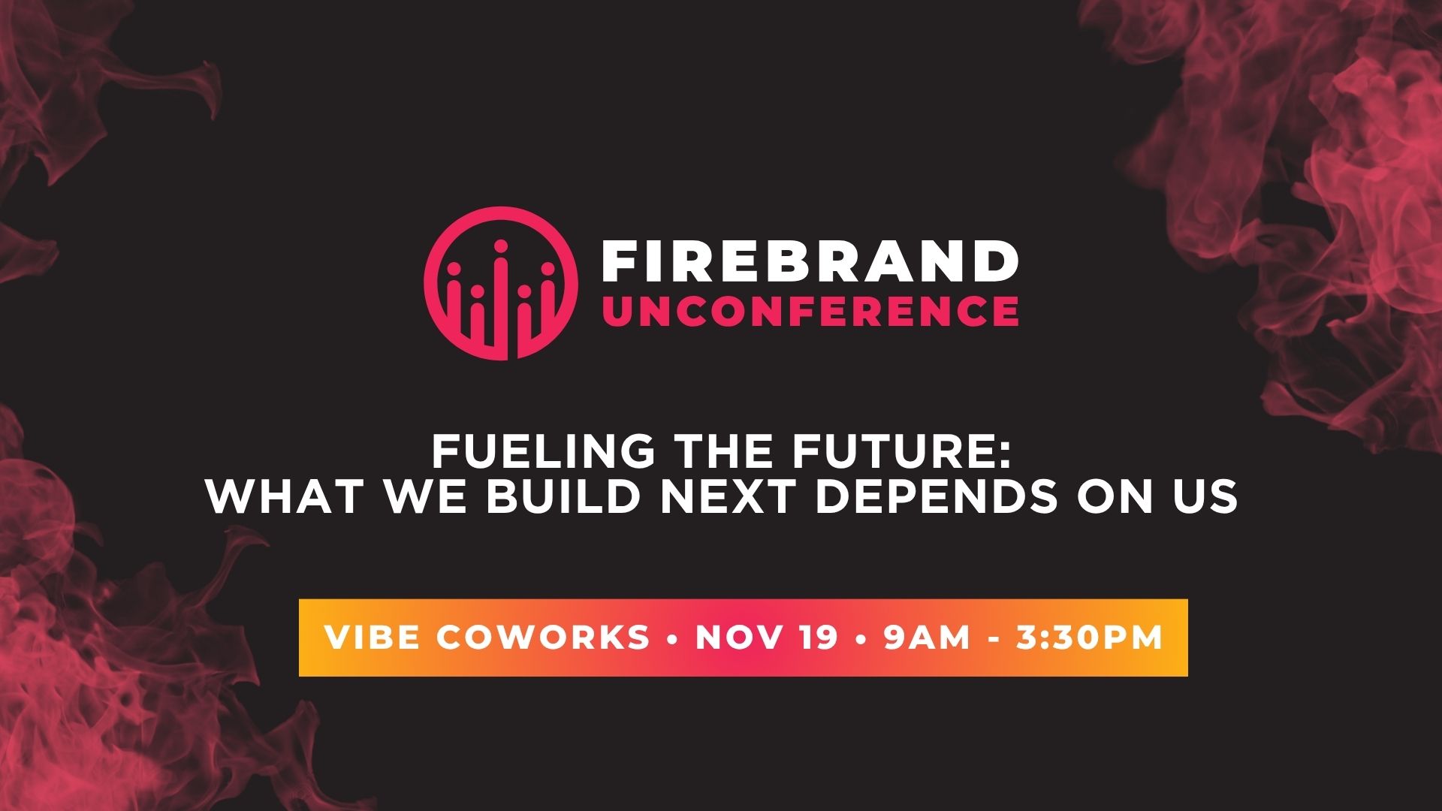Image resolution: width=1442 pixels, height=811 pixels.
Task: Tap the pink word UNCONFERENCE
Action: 810,311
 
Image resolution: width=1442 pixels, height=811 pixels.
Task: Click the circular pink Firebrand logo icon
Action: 501,284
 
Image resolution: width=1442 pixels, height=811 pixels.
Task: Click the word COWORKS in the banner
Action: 542,638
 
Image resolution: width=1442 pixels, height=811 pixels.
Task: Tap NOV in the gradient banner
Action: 738,638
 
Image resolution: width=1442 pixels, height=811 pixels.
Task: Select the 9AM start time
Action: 928,638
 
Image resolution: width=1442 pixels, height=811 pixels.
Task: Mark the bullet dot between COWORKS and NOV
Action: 673,639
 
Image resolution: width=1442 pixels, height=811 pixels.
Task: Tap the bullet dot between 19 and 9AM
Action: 861,639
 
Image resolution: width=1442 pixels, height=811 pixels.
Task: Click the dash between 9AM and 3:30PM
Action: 994,640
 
